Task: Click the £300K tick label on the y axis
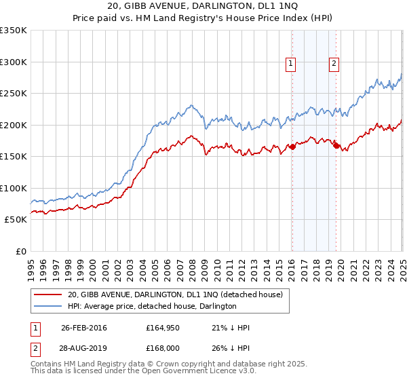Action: tap(14, 62)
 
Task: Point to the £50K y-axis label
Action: tap(16, 220)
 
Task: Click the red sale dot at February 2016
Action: tap(292, 147)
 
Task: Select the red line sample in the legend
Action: tap(47, 294)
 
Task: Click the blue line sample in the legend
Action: tap(47, 307)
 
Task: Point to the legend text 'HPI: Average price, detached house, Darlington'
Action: tap(151, 307)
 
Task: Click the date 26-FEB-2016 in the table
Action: tap(83, 328)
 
